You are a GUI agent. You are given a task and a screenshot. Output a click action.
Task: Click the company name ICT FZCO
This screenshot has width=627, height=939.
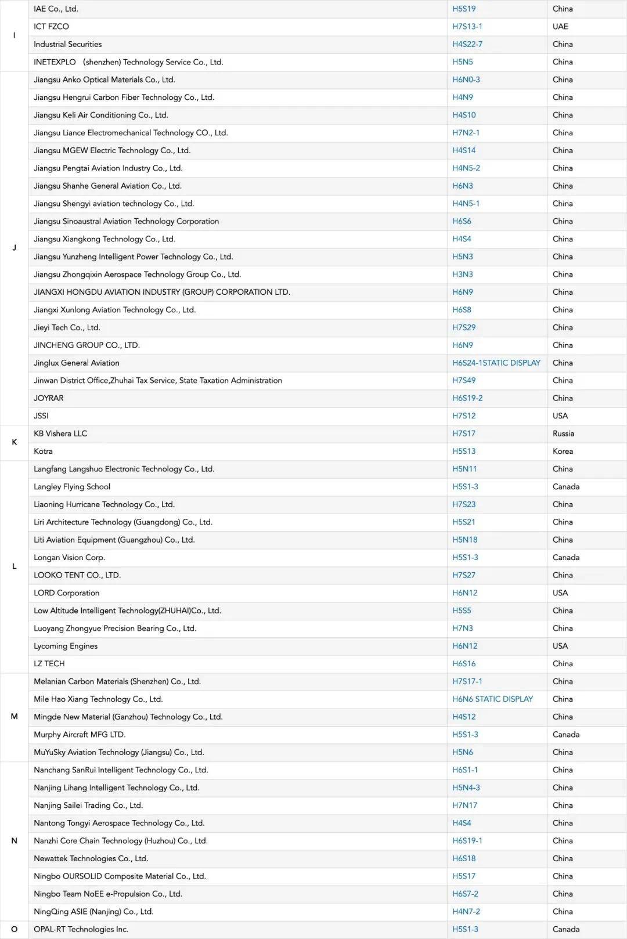pyautogui.click(x=51, y=27)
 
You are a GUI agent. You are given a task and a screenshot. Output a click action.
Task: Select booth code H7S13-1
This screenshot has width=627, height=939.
pyautogui.click(x=467, y=27)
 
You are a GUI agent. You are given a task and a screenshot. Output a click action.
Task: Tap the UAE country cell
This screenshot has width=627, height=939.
pyautogui.click(x=560, y=27)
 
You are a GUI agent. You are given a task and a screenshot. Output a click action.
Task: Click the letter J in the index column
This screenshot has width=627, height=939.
pyautogui.click(x=15, y=248)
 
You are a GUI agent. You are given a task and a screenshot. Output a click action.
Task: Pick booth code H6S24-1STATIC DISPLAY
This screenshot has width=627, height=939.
pyautogui.click(x=496, y=363)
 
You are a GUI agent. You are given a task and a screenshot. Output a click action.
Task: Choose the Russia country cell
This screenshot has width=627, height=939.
pyautogui.click(x=563, y=434)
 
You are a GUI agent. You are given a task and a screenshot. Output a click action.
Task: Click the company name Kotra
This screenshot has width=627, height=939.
pyautogui.click(x=43, y=451)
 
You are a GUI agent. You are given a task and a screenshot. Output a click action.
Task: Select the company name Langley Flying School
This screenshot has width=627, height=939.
pyautogui.click(x=72, y=486)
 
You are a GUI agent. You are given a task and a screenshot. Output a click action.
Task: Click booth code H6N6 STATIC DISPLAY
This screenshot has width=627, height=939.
pyautogui.click(x=492, y=699)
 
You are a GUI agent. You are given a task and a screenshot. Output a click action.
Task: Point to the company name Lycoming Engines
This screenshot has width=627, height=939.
pyautogui.click(x=66, y=646)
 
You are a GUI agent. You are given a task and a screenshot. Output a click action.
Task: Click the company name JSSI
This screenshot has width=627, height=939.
pyautogui.click(x=41, y=416)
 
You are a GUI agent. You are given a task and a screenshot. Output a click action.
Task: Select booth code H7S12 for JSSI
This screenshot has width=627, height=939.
pyautogui.click(x=464, y=416)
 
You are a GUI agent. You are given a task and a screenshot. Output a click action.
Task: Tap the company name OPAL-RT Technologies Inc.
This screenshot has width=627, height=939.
pyautogui.click(x=81, y=929)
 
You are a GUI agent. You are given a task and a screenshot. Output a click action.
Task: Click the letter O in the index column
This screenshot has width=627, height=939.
pyautogui.click(x=15, y=929)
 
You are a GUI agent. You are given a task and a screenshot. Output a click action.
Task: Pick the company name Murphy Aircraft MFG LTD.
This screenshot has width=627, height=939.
pyautogui.click(x=80, y=734)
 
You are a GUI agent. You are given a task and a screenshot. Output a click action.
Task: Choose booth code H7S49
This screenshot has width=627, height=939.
pyautogui.click(x=464, y=380)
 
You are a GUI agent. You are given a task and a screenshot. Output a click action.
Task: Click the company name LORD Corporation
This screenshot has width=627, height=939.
pyautogui.click(x=66, y=593)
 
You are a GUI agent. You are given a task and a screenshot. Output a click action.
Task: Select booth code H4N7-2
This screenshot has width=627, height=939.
pyautogui.click(x=466, y=911)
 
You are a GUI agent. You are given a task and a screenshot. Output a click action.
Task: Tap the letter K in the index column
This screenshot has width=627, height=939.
pyautogui.click(x=15, y=442)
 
